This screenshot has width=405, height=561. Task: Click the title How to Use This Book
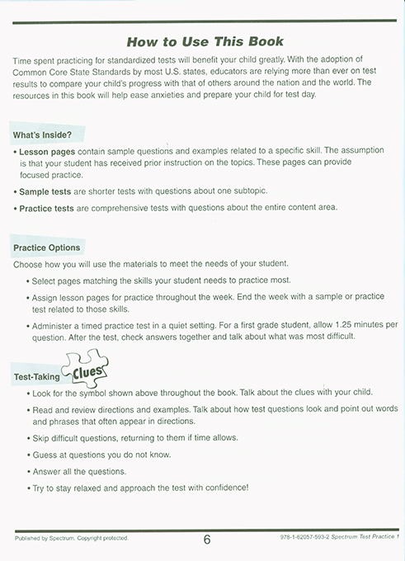[205, 41]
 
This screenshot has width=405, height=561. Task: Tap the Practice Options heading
[47, 247]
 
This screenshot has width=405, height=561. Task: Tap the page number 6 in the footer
[206, 540]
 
